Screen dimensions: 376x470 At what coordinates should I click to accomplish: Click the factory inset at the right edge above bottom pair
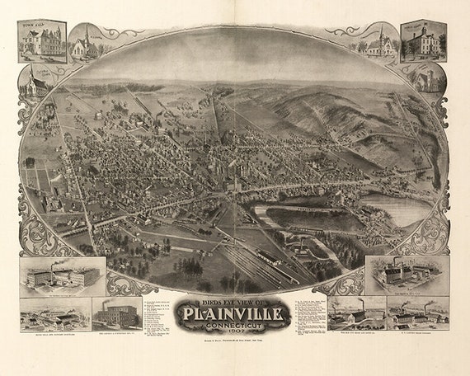point(407,275)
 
